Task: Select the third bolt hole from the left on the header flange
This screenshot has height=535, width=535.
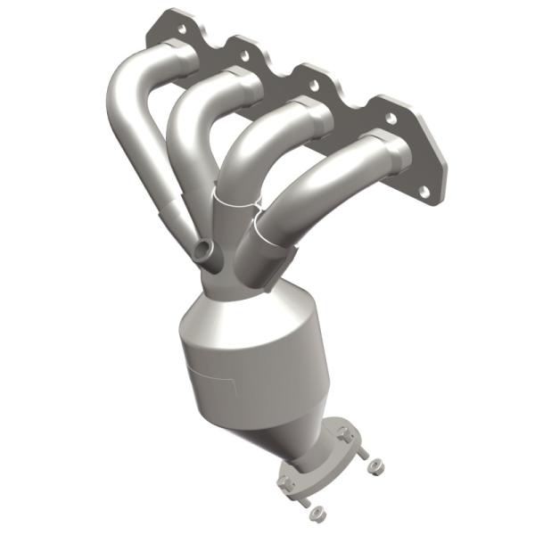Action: (313, 86)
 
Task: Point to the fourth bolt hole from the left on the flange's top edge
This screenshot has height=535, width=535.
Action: (390, 117)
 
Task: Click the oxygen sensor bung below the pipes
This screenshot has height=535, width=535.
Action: (205, 251)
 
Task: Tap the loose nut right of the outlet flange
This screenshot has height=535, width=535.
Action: (375, 464)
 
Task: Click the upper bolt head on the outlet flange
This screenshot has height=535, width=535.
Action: (343, 434)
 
